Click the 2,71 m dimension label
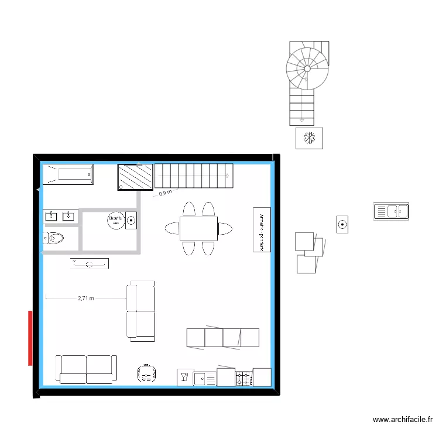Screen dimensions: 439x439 (x=85, y=299)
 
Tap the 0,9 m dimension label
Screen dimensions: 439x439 (x=166, y=192)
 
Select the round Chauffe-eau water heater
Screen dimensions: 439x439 (x=115, y=220)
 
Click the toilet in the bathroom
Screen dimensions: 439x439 (x=54, y=238)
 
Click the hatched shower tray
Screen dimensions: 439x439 (x=135, y=177)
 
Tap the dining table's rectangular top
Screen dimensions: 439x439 (x=198, y=228)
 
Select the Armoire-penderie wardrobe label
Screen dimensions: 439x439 (x=262, y=229)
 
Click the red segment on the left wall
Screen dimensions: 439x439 (x=29, y=338)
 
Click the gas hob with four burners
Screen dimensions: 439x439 (x=243, y=378)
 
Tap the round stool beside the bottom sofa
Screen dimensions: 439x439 (x=146, y=372)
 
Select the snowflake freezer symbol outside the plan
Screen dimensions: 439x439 (x=309, y=139)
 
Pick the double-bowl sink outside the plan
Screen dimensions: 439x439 (x=391, y=211)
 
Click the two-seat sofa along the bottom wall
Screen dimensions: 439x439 (x=87, y=369)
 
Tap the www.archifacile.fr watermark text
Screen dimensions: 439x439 (x=403, y=420)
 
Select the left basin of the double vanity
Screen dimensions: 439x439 (x=51, y=217)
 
